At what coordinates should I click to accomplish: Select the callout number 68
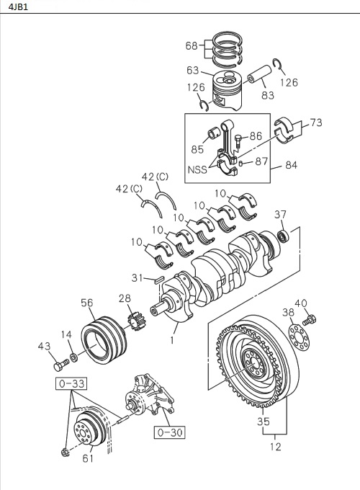[191, 46]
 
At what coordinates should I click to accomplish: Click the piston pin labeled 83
[258, 76]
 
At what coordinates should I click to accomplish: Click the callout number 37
[280, 214]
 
